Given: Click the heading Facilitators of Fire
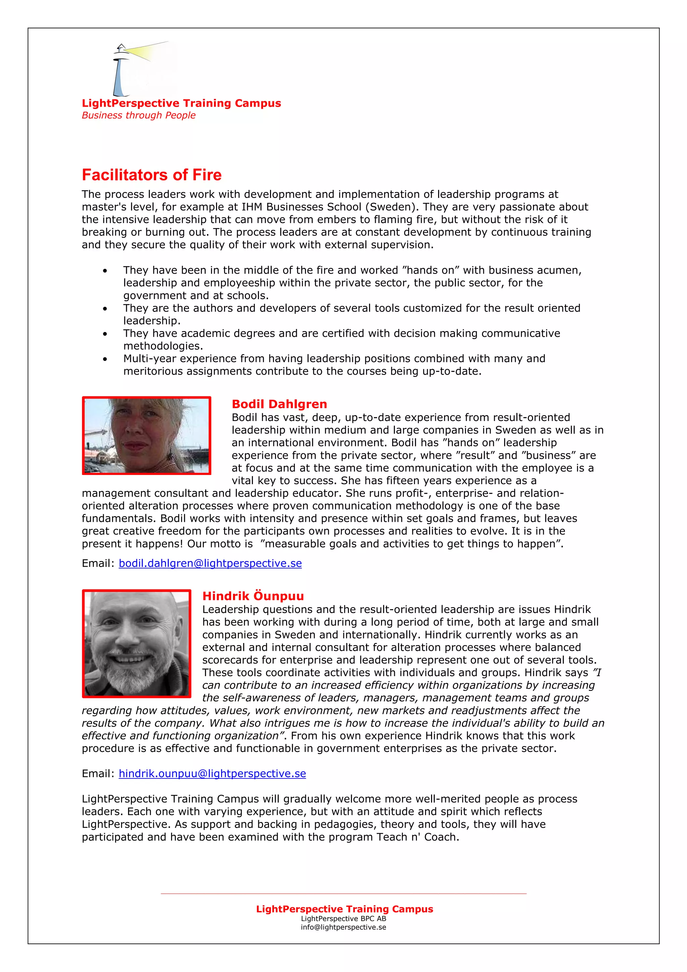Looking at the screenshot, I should (x=152, y=175).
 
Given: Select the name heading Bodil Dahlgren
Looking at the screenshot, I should (x=279, y=404).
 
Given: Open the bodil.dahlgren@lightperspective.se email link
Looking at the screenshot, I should (x=210, y=563).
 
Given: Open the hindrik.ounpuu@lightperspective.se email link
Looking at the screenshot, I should (x=212, y=773).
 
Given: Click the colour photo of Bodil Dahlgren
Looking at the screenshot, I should (x=147, y=435).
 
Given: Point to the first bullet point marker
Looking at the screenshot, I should (x=105, y=271).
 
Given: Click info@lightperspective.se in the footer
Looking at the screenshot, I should (x=343, y=927).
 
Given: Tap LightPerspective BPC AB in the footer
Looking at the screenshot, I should (x=343, y=919).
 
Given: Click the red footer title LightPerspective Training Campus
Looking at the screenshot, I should (x=344, y=909).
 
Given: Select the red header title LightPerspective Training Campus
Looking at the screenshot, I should (x=181, y=103).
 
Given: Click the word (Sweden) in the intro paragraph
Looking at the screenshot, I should (x=392, y=207).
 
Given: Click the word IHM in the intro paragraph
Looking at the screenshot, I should (x=252, y=207).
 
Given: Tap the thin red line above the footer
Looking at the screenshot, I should (x=343, y=894).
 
